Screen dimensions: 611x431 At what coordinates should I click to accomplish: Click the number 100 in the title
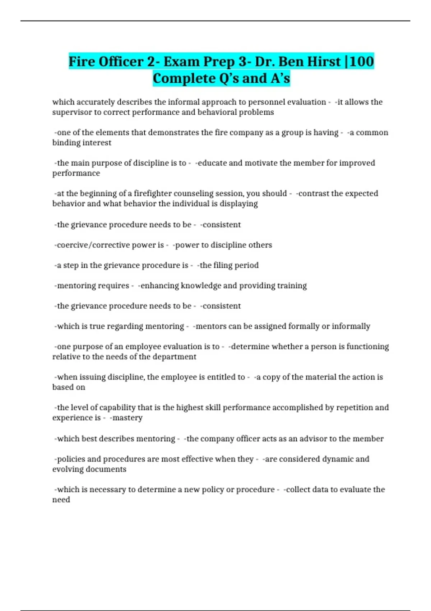click(x=361, y=61)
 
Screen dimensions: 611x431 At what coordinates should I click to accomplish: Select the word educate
click(x=212, y=163)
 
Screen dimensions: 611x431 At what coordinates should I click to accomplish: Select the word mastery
click(x=127, y=418)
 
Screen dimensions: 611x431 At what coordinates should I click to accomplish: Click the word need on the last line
click(x=61, y=500)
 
